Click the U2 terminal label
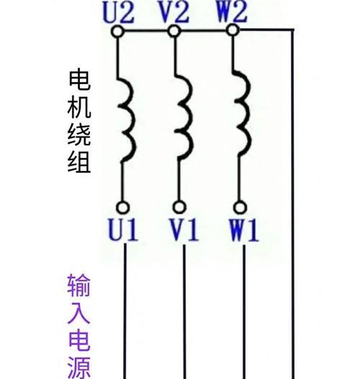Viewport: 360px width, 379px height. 118,12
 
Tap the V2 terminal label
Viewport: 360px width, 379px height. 174,12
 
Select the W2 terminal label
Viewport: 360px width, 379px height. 232,12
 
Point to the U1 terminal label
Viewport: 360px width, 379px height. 123,229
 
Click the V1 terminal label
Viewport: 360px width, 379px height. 184,229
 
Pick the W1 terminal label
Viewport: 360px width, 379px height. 244,230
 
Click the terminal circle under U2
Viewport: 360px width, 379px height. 118,32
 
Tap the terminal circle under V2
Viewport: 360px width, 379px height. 174,32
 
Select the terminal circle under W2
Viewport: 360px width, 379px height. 233,30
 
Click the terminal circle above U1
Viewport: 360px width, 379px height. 123,207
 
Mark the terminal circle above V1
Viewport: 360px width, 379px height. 179,207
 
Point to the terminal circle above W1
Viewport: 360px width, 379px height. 240,207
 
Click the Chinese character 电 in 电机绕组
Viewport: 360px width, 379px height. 79,81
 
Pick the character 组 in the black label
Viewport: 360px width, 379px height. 79,162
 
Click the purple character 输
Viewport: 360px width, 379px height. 78,286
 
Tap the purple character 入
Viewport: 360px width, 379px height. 78,313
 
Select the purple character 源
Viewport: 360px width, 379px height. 79,368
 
